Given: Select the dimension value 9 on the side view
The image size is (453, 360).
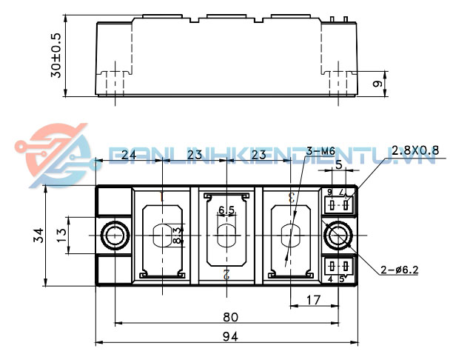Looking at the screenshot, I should click(x=377, y=84).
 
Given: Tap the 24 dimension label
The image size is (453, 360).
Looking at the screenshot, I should click(x=127, y=155).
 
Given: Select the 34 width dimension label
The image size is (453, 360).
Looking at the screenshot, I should click(x=38, y=236).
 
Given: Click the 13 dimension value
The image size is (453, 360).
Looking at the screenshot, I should click(x=61, y=236).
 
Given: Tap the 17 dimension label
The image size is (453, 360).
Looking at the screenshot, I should click(x=313, y=301).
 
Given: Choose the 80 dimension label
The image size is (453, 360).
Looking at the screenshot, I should click(x=230, y=317).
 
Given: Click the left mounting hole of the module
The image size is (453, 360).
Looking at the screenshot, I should click(x=115, y=236).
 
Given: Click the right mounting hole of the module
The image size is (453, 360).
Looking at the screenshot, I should click(x=339, y=236).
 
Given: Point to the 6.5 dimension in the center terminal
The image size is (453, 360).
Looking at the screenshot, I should click(x=226, y=211).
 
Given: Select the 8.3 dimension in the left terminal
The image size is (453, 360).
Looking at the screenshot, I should click(x=178, y=236).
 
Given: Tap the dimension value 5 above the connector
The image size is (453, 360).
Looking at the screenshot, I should click(x=338, y=166).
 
